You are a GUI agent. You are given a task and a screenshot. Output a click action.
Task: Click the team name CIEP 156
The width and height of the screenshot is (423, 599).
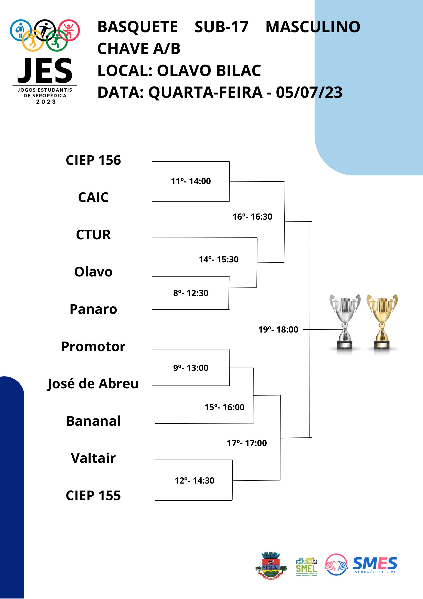[x=93, y=160]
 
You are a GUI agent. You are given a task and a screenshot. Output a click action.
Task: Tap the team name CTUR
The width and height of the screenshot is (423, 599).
[x=93, y=234]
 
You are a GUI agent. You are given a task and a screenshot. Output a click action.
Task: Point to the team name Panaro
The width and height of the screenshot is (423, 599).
[x=93, y=309]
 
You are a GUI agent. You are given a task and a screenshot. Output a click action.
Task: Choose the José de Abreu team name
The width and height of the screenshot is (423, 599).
[x=93, y=384]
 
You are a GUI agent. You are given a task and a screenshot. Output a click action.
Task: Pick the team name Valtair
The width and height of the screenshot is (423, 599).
[x=93, y=458]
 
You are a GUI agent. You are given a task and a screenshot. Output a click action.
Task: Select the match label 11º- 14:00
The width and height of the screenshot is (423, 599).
[x=191, y=181]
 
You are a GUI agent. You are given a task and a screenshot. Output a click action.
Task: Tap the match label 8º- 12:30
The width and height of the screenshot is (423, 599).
[x=191, y=293]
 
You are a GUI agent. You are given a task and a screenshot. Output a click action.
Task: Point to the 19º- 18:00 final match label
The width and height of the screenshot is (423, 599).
[x=278, y=329]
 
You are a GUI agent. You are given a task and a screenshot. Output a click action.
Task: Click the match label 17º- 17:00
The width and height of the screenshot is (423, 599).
[x=247, y=443]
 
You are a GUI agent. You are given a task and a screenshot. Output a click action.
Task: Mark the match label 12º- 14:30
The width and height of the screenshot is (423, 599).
[x=194, y=480]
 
